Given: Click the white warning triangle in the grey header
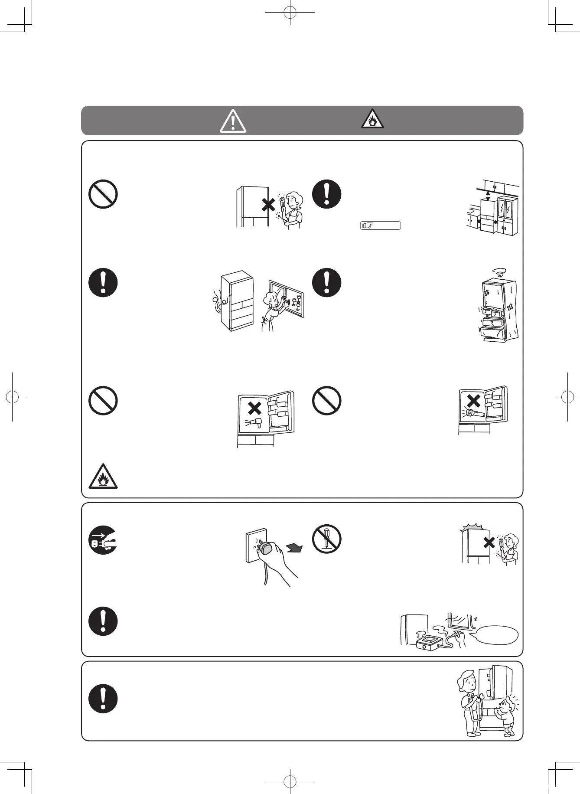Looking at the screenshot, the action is tap(233, 121).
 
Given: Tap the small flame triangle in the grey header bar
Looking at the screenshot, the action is tap(372, 119).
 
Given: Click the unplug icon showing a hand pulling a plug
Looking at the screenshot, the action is tap(103, 539).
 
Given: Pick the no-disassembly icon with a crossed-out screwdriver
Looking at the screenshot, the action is tap(327, 539).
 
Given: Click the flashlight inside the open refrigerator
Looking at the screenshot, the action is tap(475, 414).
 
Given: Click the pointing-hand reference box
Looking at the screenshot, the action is tap(380, 225).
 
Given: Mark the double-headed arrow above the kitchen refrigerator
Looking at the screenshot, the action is tap(489, 196).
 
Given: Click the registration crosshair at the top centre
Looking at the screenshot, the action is tap(290, 13).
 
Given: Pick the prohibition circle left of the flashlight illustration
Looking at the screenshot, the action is tap(327, 400).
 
